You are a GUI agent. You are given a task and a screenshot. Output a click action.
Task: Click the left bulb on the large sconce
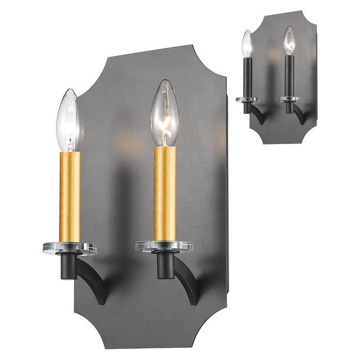click(x=70, y=121)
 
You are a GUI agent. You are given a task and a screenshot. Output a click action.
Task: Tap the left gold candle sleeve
click(x=70, y=197)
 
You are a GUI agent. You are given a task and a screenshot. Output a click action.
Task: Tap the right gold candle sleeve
click(x=164, y=194)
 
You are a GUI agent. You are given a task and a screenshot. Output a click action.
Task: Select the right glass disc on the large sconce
click(x=164, y=245)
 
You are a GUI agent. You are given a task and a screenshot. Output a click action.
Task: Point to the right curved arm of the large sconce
click(x=188, y=282)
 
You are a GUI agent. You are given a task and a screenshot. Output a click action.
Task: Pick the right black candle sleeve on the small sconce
click(x=289, y=75)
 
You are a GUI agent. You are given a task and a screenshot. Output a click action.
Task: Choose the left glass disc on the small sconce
click(x=247, y=100)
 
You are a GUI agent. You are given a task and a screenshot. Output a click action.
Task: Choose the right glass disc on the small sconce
click(x=289, y=99)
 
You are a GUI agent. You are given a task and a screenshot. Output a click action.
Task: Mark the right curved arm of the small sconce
click(x=299, y=115)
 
